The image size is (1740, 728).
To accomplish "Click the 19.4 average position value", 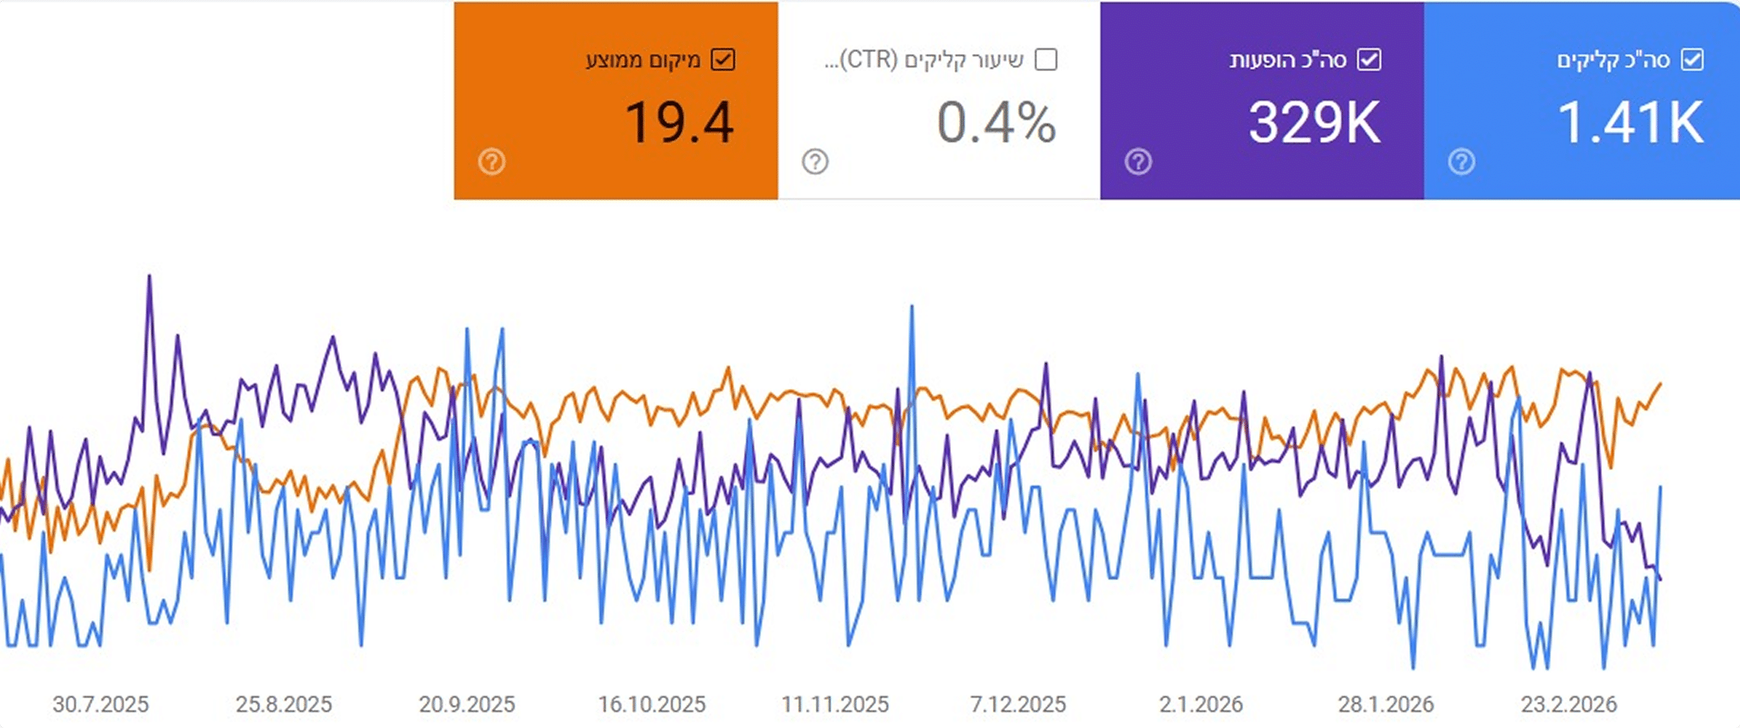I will [678, 122].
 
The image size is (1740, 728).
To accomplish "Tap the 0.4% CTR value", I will [996, 122].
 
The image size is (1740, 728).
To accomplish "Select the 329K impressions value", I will [1314, 122].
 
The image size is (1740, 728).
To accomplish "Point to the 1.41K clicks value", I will [1629, 122].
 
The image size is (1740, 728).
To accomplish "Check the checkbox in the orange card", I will [723, 60].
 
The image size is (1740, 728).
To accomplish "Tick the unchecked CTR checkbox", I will [1046, 60].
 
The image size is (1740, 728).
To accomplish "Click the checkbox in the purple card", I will [1369, 60].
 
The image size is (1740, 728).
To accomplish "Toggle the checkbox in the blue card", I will [1692, 60].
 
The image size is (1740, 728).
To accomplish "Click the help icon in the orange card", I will [491, 162].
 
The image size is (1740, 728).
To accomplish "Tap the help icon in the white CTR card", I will [815, 162].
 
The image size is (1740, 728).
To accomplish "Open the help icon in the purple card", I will [1138, 162].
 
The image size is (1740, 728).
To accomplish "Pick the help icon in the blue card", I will [1461, 162].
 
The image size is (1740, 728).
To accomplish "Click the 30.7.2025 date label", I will [101, 704].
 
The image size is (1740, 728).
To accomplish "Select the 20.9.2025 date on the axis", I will [467, 704].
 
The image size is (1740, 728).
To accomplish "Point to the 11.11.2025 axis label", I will [835, 704].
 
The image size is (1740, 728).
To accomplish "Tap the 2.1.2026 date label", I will [1201, 704].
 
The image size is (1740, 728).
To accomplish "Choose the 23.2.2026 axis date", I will [1568, 704].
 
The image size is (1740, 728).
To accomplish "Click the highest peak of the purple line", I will [149, 277].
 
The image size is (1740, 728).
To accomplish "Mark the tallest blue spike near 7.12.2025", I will [911, 308].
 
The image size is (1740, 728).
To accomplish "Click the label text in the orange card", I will [643, 60].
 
